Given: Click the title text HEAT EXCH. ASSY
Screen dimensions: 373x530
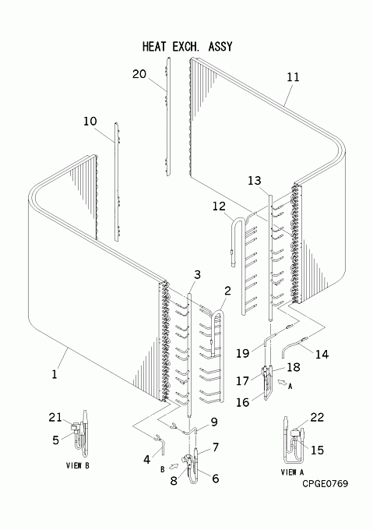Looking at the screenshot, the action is coord(188,46).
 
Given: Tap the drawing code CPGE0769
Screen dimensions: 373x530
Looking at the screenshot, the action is coord(325,484).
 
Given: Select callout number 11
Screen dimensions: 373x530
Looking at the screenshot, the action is coord(293,77).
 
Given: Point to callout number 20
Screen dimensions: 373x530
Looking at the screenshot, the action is coord(139,74).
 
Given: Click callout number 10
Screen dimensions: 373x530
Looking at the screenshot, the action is coord(90,122).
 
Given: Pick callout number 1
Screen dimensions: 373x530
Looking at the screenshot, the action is coord(55,374).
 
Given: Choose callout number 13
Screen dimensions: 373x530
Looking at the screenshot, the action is coord(255,181).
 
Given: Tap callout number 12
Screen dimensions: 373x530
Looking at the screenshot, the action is coord(219,207).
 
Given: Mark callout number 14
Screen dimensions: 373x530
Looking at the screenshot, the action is coord(322,354).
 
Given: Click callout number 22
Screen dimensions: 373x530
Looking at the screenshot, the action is coord(317,418).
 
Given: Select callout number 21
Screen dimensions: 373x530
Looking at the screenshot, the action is coord(55,418).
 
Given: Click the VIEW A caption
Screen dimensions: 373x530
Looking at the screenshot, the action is coord(292,472).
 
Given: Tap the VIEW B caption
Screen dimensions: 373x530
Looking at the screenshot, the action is coord(78,465).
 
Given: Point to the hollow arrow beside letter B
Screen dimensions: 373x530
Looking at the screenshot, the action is coord(173,466).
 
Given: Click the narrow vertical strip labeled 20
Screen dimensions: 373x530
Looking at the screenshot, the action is coord(167,117).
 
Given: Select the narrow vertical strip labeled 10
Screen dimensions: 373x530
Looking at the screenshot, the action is coord(117,182).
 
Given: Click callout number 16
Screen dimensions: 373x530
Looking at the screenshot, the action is coord(243,403).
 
